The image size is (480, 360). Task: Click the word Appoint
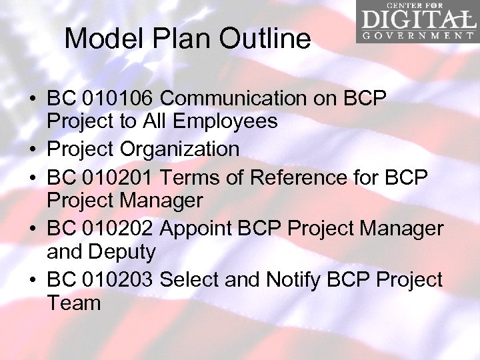pos(199,229)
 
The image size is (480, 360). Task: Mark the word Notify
pos(296,279)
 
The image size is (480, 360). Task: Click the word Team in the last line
pos(73,303)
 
